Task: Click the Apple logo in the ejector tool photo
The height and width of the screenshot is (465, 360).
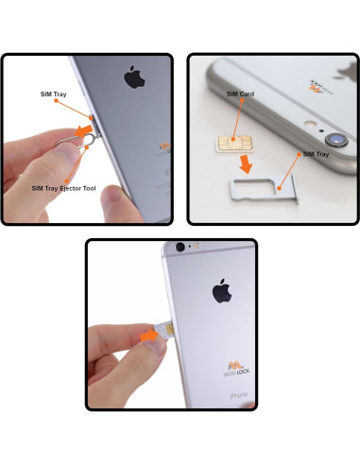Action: pos(132,77)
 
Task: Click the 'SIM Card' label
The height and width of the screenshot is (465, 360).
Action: pos(239,95)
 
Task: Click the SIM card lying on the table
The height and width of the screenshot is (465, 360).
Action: pos(231,141)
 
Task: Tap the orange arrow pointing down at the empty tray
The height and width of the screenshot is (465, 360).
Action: pos(245,164)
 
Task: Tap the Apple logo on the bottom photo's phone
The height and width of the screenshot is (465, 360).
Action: pos(222,291)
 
